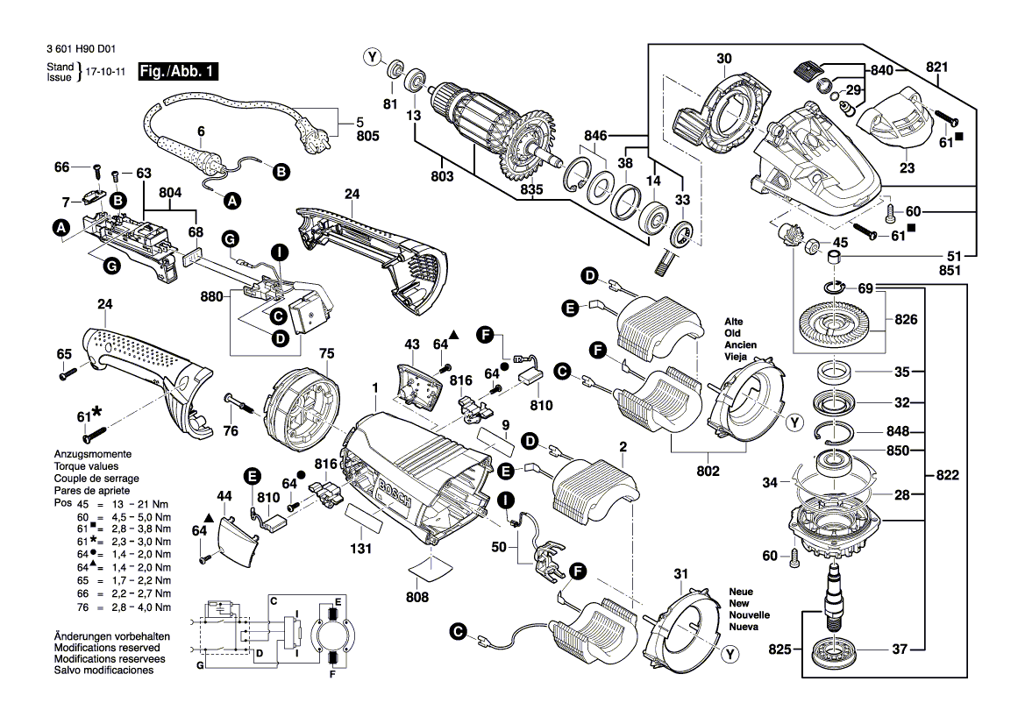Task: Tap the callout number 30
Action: (x=722, y=60)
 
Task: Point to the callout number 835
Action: (x=531, y=189)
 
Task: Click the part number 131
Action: (x=360, y=550)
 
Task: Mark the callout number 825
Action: (x=779, y=649)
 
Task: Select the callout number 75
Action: (x=326, y=353)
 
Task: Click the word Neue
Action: (x=741, y=592)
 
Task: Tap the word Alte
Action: (x=734, y=322)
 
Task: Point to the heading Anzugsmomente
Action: (x=92, y=455)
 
